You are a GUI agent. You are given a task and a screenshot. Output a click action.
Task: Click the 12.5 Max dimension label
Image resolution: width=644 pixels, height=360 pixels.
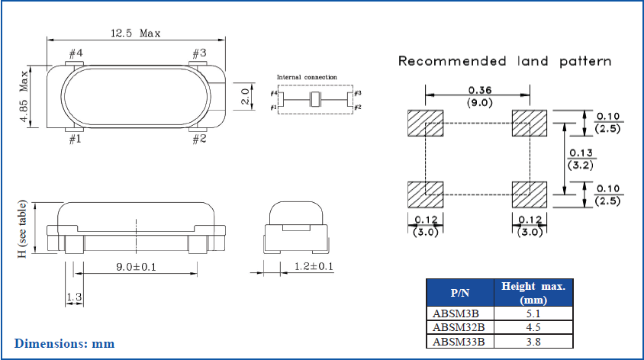click(x=135, y=33)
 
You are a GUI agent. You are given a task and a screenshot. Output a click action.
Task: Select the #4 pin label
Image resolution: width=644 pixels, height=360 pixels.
click(x=76, y=53)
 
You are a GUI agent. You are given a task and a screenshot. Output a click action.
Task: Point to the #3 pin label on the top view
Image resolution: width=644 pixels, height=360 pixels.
click(x=198, y=53)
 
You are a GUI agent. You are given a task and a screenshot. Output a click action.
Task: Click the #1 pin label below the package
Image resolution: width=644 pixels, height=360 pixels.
click(x=76, y=140)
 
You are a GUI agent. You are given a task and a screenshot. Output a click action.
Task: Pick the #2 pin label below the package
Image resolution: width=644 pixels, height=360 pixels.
click(x=198, y=140)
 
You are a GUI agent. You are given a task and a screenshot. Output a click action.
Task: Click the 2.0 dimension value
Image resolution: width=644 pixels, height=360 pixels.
click(x=245, y=97)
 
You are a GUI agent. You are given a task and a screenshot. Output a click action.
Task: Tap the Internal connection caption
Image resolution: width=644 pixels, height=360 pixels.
click(x=306, y=78)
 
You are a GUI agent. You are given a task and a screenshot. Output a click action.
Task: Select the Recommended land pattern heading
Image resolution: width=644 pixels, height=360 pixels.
click(x=504, y=61)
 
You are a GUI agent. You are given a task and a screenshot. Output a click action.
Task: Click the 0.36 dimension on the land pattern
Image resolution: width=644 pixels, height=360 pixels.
click(x=478, y=89)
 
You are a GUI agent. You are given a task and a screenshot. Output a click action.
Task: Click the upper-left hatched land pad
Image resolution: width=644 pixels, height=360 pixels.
click(x=425, y=123)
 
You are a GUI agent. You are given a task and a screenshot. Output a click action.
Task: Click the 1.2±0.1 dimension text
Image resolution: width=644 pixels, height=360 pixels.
click(x=314, y=267)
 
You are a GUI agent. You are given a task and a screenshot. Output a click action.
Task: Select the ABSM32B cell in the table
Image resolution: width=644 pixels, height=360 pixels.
click(x=459, y=326)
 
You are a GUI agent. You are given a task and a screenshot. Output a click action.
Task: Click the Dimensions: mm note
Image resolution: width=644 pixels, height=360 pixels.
click(x=64, y=343)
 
